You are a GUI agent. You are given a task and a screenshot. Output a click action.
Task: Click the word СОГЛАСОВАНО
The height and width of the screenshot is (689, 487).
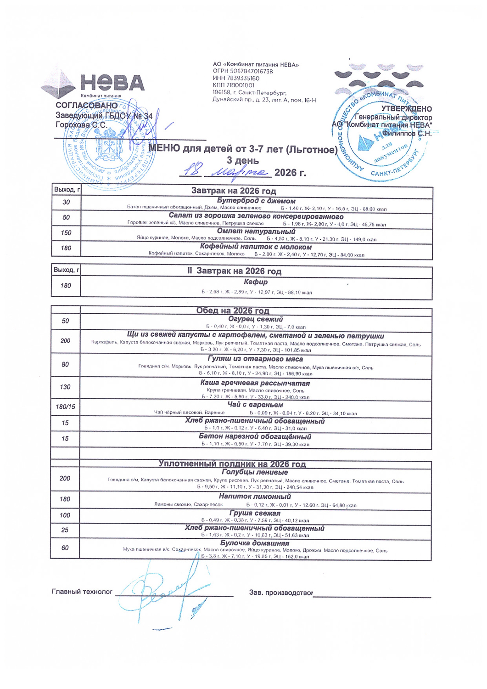(x=86, y=106)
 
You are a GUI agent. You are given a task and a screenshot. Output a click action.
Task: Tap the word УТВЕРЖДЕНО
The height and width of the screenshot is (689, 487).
(x=406, y=109)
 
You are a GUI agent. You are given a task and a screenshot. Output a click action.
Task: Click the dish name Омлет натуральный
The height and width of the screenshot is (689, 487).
(x=256, y=231)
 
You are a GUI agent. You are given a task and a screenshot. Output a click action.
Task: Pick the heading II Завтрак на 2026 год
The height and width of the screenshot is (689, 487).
(x=234, y=271)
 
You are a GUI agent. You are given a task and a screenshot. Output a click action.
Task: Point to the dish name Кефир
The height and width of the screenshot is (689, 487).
(x=256, y=282)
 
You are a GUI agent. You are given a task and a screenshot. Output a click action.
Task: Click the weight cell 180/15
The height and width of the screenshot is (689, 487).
(x=65, y=407)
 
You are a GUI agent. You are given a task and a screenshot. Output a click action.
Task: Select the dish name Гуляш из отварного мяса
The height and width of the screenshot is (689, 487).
(x=255, y=359)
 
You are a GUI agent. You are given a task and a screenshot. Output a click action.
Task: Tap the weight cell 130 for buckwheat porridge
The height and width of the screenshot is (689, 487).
(x=65, y=387)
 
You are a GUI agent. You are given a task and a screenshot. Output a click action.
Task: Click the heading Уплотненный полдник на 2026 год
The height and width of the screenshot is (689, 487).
(x=232, y=464)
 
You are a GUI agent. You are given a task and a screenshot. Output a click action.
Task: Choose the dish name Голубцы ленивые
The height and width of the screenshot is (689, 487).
(x=255, y=472)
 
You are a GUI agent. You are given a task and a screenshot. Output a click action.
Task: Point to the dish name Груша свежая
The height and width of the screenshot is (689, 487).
(x=255, y=513)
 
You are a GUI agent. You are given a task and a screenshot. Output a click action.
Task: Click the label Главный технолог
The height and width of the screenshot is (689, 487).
(x=82, y=592)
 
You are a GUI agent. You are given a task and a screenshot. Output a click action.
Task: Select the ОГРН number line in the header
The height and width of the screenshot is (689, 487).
(x=243, y=71)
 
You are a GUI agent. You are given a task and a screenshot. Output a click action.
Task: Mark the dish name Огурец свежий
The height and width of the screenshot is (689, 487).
(x=255, y=319)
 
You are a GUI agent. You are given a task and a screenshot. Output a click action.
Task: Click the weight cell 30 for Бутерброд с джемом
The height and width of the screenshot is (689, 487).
(x=66, y=202)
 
